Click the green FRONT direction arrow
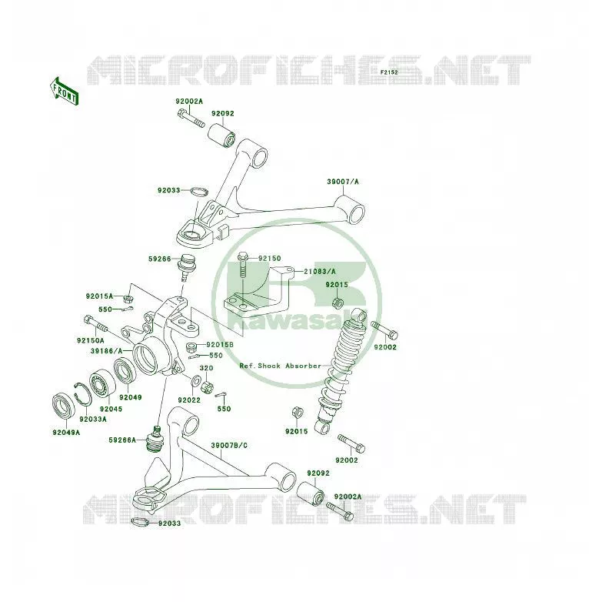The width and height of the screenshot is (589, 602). coord(65,92)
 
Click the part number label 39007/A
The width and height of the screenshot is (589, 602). coord(343,182)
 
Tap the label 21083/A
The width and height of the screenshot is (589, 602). coord(320,272)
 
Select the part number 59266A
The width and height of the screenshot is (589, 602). coord(122,440)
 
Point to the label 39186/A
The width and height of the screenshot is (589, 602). coord(107,351)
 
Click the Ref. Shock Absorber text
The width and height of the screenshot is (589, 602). coord(281,366)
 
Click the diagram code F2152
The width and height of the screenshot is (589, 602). coord(389,72)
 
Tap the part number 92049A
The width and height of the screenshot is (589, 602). coord(66,433)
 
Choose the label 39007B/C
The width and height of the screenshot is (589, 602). coord(229,446)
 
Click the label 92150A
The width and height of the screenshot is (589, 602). coord(91,340)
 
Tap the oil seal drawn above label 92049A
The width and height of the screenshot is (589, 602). coord(64,406)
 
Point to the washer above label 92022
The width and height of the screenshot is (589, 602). coord(195,381)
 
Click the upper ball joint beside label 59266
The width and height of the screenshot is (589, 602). coord(186,268)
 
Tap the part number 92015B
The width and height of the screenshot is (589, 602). coord(220,345)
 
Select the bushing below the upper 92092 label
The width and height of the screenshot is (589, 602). coord(221,135)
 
